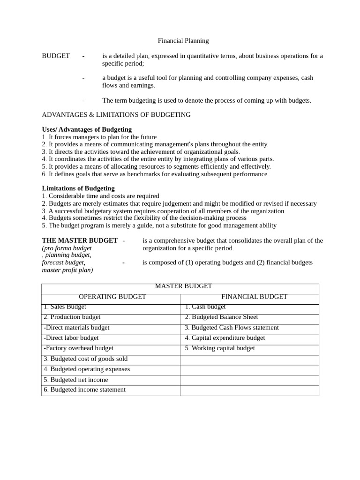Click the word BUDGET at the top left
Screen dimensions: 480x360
pos(56,56)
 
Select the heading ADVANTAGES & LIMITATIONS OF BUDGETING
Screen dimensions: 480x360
pos(116,114)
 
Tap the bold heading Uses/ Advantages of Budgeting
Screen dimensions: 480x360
pos(87,129)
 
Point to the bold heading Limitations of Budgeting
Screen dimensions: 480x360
pos(78,188)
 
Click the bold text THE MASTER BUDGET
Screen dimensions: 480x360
pos(80,240)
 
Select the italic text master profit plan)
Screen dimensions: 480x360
pos(67,270)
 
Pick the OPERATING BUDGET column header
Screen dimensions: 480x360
pos(112,297)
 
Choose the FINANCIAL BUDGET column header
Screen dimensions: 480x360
pos(254,297)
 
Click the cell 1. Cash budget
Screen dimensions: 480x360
pos(205,307)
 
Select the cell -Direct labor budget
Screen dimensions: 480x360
pos(71,337)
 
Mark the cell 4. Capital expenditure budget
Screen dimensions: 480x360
pos(225,337)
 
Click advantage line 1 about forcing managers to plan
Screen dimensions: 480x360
pos(100,137)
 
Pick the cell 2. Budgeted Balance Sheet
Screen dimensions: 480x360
pos(221,317)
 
